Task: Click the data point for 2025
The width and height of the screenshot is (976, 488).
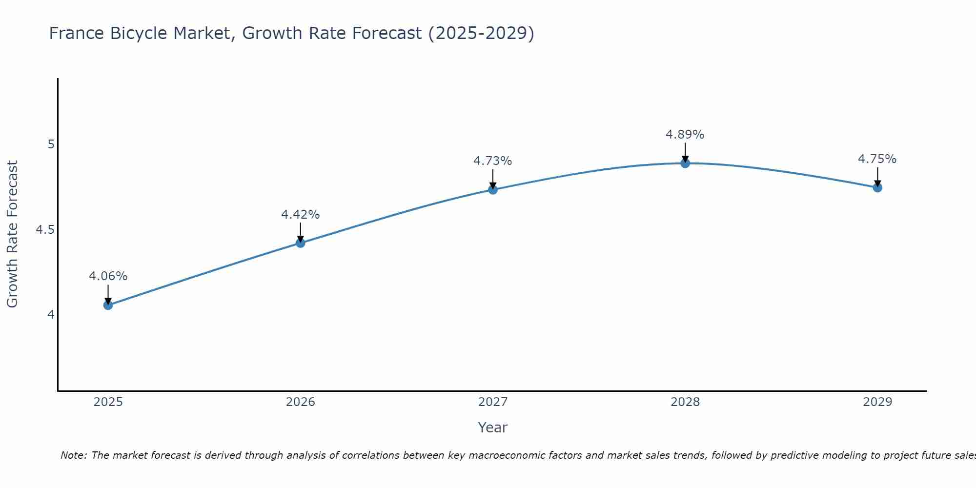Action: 108,305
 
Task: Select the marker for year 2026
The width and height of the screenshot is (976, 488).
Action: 300,243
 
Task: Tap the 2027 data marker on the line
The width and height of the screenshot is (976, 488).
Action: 493,189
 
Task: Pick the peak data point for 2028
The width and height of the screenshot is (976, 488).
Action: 685,163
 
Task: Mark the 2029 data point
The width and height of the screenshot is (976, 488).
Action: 877,187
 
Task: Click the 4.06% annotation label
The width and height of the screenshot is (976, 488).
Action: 108,276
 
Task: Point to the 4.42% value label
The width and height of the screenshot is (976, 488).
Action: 300,215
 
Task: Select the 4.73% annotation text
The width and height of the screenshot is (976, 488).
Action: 493,161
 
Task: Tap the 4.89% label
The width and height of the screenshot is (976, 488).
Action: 685,135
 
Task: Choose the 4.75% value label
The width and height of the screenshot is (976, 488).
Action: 877,159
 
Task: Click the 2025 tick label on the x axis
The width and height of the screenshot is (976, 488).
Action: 108,402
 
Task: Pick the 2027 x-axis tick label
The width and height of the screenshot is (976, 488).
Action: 493,402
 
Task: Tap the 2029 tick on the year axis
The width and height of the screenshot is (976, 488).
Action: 877,402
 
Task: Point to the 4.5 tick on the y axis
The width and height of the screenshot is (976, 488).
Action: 44,229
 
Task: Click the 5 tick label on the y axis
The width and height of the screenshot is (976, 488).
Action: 51,144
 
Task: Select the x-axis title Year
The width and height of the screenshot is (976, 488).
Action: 493,427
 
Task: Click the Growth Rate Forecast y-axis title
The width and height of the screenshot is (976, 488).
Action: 12,234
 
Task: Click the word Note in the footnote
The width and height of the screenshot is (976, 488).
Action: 73,455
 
